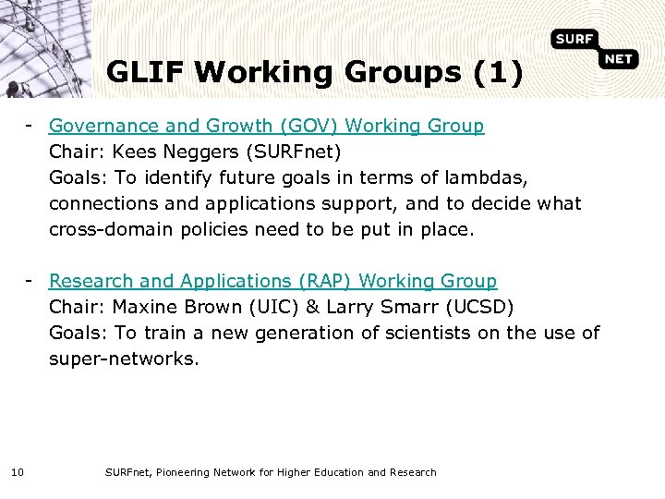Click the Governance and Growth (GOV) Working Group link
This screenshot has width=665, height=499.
tap(266, 126)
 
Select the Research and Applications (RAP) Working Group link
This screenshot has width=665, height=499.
tap(272, 281)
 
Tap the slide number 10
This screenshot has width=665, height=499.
tap(18, 473)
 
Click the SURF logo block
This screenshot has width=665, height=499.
tap(574, 40)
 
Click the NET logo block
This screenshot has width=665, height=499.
tap(619, 60)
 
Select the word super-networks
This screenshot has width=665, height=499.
tap(124, 359)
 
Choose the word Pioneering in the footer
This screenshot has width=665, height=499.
tap(188, 473)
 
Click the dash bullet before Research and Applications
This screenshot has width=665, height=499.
tap(30, 280)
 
